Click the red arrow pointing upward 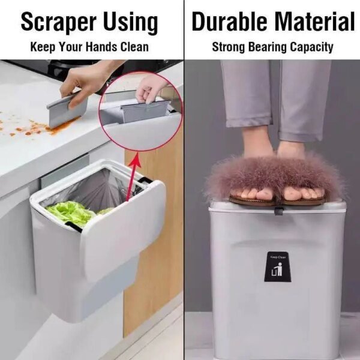[x=133, y=174]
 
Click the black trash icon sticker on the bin [x=277, y=272]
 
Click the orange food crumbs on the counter [x=30, y=128]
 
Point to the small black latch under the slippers [x=279, y=211]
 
